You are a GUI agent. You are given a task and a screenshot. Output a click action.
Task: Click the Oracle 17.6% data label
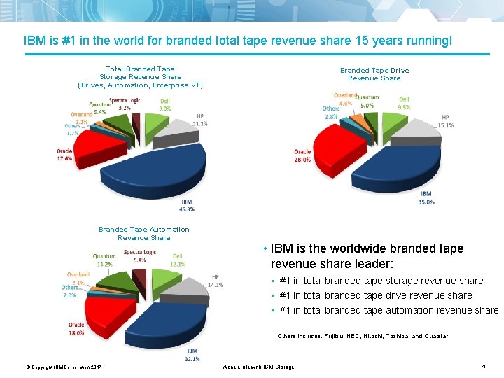[x=64, y=155]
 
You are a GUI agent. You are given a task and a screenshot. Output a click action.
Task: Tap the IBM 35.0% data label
[x=426, y=197]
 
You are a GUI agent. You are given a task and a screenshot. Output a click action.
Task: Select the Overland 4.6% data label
[x=344, y=99]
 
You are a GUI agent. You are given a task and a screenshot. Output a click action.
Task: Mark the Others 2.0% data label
[x=69, y=291]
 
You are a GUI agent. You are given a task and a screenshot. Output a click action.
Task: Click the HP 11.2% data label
[x=200, y=120]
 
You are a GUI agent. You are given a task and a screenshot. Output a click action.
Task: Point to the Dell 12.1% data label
[x=177, y=260]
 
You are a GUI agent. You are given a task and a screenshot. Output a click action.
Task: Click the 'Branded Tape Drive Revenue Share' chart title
[x=374, y=74]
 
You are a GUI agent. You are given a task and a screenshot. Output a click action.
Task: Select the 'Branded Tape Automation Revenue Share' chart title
[x=143, y=233]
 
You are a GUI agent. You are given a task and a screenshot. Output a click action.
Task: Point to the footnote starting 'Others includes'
[x=362, y=336]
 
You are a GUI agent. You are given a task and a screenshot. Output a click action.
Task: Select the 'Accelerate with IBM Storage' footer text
[x=258, y=367]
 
